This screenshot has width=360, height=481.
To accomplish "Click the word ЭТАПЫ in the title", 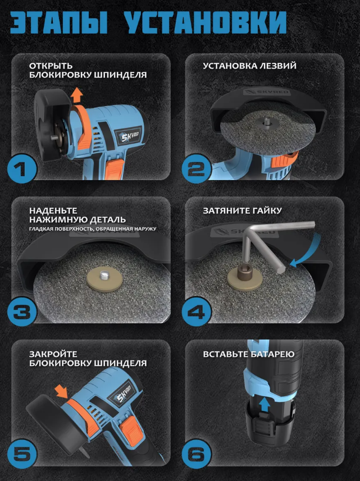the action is click(58, 22).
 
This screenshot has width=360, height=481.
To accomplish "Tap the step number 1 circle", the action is click(21, 168).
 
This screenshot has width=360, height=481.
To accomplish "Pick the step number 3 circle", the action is click(21, 311).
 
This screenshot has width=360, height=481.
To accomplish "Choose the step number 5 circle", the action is click(21, 455).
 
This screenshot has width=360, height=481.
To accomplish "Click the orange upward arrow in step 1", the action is click(76, 94).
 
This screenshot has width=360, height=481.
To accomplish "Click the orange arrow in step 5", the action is click(62, 392).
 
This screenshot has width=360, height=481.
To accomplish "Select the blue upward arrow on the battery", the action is click(265, 404).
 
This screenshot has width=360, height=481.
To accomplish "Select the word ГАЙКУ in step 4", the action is click(266, 210).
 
